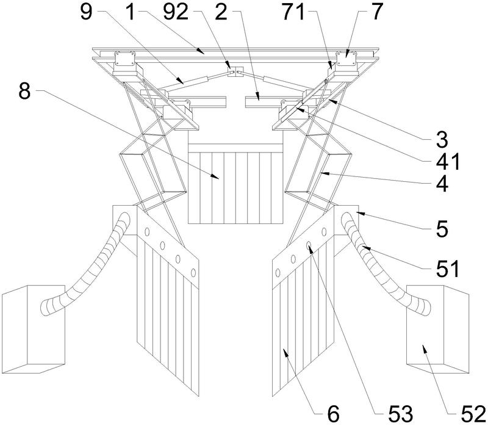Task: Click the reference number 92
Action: tap(176, 13)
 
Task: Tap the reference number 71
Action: tap(293, 13)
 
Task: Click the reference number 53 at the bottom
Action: tap(401, 414)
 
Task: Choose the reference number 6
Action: tap(333, 414)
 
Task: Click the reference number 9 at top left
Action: tap(86, 13)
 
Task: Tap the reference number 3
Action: tap(442, 140)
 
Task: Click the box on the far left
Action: tap(34, 329)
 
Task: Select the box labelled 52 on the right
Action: tap(437, 329)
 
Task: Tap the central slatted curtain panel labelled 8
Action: tap(236, 184)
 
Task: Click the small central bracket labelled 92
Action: tap(235, 71)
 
